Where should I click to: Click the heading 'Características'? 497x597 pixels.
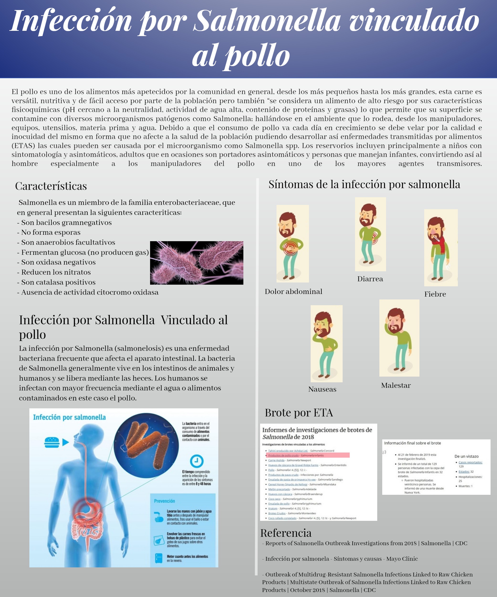[x=51, y=186]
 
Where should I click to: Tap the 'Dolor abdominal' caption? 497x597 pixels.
[x=293, y=292]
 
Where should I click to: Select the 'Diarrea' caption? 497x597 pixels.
[x=370, y=279]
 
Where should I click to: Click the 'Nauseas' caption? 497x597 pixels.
[x=322, y=389]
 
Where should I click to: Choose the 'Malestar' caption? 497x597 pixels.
[x=396, y=386]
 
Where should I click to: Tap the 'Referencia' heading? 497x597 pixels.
[x=286, y=533]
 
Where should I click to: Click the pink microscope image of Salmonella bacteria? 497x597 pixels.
[x=197, y=263]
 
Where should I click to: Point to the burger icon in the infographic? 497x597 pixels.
[x=52, y=442]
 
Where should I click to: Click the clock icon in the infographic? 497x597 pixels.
[x=197, y=461]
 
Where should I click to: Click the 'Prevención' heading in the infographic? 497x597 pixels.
[x=164, y=501]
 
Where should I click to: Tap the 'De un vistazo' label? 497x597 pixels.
[x=466, y=456]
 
